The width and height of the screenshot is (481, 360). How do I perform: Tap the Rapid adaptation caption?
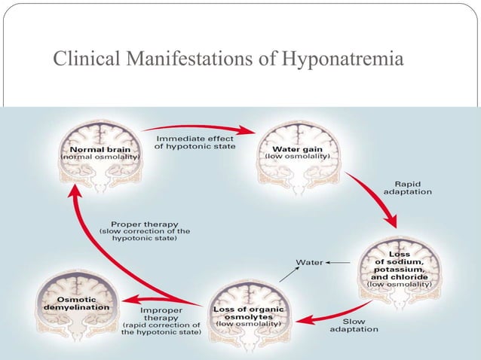[x=408, y=187]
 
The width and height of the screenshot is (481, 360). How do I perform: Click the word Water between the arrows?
[x=309, y=262]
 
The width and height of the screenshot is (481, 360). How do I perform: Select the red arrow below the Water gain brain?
[x=373, y=200]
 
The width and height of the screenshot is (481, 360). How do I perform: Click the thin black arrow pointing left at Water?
[x=338, y=262]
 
